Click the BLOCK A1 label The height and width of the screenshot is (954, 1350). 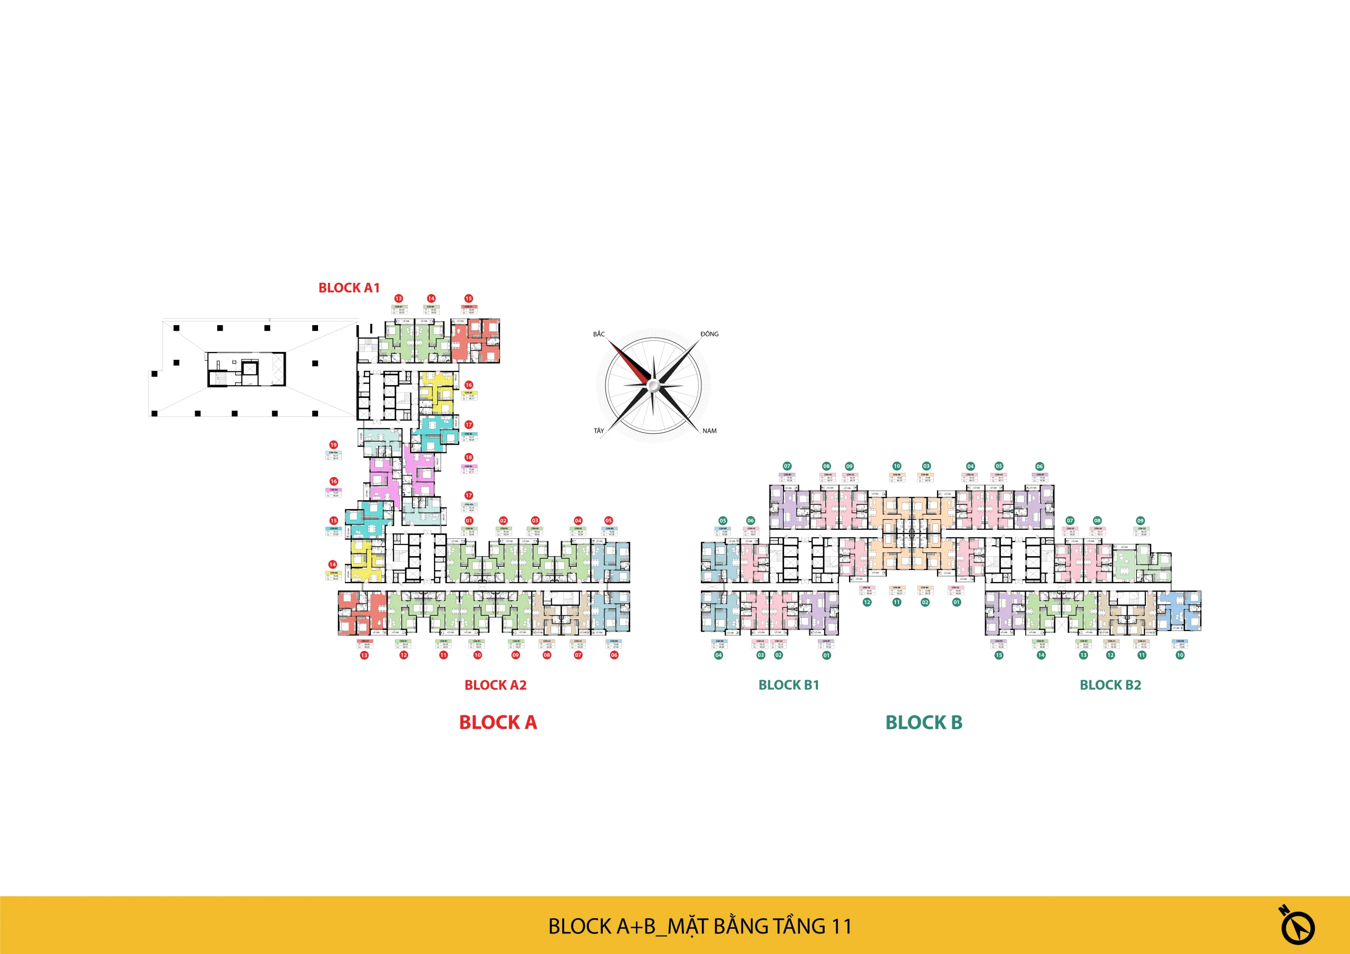pos(349,288)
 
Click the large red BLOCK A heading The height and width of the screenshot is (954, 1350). pos(498,722)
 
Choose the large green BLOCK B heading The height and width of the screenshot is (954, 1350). pos(924,722)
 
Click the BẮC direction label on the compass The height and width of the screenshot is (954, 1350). pos(599,334)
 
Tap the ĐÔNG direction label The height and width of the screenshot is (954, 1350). pos(709,334)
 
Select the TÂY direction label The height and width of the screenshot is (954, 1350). pos(599,431)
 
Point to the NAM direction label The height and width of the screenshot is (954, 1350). pos(709,431)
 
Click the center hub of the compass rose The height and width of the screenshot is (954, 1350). pos(653,385)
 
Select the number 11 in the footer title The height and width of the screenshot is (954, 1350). pos(842,927)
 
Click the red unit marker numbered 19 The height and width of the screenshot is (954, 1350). pos(333,445)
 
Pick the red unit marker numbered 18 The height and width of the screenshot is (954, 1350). pos(469,457)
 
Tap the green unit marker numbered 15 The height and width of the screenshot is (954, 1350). pos(998,655)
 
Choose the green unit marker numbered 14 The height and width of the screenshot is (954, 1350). pos(1041,655)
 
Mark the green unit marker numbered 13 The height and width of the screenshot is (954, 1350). pos(1083,655)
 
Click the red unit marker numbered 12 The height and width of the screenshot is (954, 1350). pos(403,655)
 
